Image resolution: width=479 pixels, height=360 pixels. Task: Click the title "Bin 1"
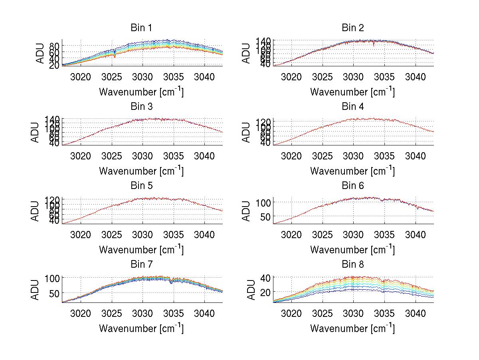[x=141, y=28]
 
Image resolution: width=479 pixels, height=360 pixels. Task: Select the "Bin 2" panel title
[x=352, y=28]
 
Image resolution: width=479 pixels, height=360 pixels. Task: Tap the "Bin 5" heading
[x=141, y=185]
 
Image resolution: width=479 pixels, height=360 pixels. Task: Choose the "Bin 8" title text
[x=352, y=264]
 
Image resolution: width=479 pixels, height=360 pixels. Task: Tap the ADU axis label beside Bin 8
[x=247, y=290]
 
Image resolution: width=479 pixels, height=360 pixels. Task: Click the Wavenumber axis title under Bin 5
[x=141, y=250]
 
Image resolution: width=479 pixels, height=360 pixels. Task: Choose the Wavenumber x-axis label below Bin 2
[x=352, y=92]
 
